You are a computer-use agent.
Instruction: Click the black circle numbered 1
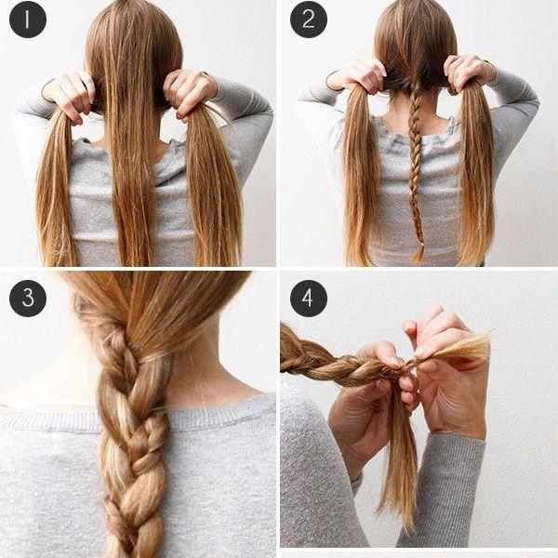click(28, 20)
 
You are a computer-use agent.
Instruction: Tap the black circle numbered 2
click(309, 20)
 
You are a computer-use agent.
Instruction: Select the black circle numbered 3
click(28, 299)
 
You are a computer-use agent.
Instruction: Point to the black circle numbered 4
click(309, 299)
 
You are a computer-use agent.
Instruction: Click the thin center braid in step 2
click(416, 171)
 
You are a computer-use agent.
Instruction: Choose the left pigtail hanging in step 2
click(360, 175)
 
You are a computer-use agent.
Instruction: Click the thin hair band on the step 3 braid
click(153, 358)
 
